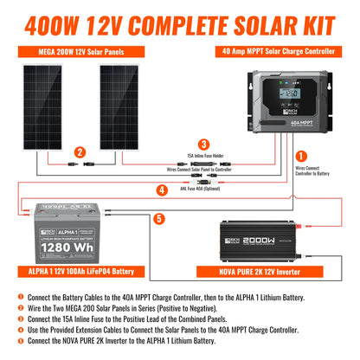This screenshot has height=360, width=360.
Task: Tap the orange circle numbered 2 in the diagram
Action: (79, 152)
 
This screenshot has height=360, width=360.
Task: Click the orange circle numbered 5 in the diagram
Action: (159, 219)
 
